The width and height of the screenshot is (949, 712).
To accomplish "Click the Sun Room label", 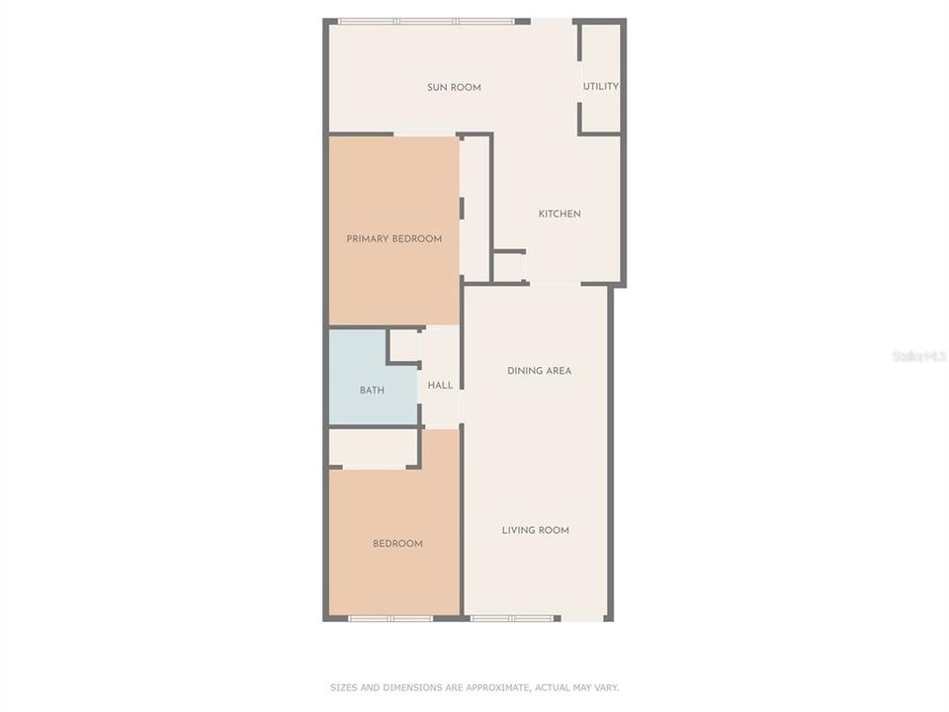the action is pos(454,87).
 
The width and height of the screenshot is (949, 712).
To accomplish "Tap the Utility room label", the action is pos(600,86).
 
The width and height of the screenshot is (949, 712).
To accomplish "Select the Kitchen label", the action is pos(560,214).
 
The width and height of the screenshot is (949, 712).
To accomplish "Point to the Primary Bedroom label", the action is pos(394,238).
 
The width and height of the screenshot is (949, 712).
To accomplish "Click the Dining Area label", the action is pos(540,371).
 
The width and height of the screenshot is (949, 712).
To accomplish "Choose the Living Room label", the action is pos(536,530).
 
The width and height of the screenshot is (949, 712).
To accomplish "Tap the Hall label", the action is pos(440,385).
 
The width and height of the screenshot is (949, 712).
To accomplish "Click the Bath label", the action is pos(372,391).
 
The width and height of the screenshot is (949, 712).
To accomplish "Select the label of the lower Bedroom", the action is pos(397,543).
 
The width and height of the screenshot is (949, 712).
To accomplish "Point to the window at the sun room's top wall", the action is pos(427,22).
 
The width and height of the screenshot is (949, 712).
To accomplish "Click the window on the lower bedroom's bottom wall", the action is pos(390,618).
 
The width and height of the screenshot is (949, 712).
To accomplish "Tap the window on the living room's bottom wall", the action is pos(512,618).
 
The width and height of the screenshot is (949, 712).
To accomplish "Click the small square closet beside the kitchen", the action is pos(509,267).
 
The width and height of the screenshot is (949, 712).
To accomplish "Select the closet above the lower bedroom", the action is pos(373,447).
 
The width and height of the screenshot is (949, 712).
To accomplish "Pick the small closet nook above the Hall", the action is pos(403,346).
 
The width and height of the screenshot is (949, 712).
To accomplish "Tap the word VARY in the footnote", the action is pos(606,688).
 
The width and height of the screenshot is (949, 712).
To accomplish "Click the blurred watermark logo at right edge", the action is pos(919,356).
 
